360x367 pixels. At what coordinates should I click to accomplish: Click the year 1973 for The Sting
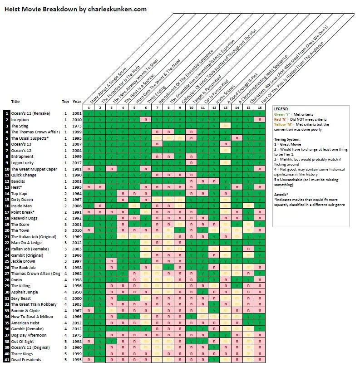77,126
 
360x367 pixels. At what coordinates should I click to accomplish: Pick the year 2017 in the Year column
77,163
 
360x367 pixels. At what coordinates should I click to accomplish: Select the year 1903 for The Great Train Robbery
77,304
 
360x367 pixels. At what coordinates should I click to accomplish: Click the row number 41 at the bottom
7,360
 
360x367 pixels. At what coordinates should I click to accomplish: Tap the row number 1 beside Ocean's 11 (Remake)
7,113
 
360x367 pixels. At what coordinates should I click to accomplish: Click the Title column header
15,102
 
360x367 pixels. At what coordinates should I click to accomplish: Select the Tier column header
65,102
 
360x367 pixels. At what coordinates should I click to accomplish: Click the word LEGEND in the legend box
282,109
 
